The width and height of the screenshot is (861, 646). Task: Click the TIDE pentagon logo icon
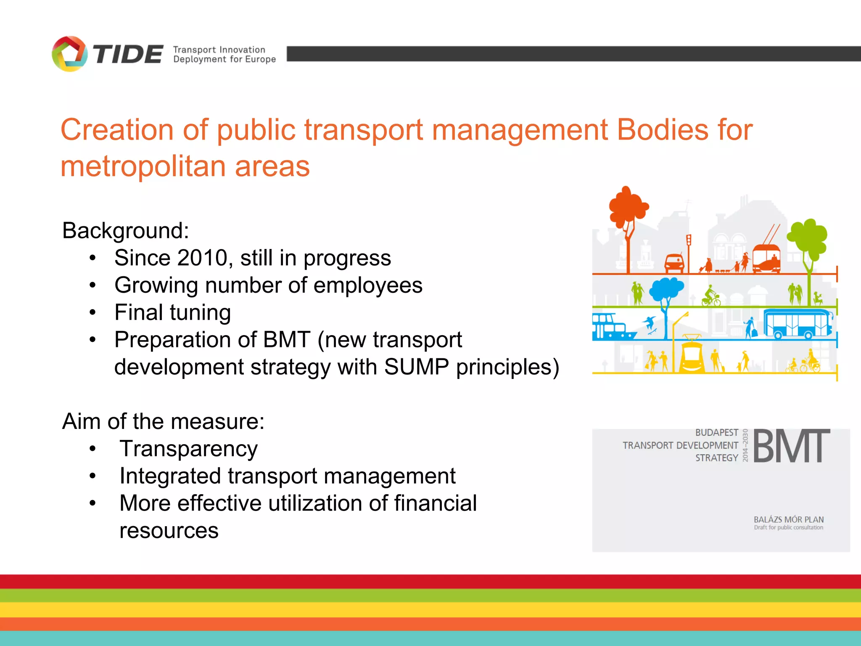click(x=69, y=54)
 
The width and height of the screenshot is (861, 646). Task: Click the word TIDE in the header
click(x=128, y=55)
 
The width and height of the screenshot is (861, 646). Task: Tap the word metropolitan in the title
click(x=143, y=167)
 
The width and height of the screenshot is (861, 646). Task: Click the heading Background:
click(x=126, y=230)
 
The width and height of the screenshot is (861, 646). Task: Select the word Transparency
click(x=188, y=449)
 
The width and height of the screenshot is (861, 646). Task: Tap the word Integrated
click(x=170, y=476)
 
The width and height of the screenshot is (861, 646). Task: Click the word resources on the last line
click(x=169, y=530)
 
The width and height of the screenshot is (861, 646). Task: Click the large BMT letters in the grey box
click(x=791, y=446)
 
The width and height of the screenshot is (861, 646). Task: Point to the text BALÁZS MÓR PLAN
click(x=788, y=519)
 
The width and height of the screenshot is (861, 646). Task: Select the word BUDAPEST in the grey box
click(x=716, y=432)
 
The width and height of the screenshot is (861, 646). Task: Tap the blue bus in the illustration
click(x=798, y=323)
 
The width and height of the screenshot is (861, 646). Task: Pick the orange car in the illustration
click(x=674, y=263)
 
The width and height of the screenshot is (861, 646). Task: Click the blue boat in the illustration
click(x=612, y=327)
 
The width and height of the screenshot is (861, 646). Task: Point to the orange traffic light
click(x=689, y=241)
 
